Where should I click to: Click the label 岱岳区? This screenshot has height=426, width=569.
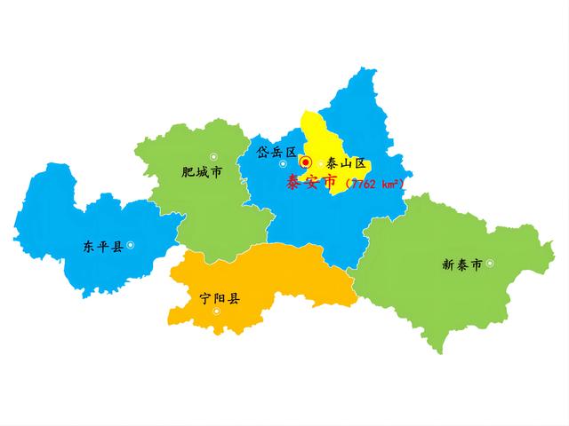point(276,152)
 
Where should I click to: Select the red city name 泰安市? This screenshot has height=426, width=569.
point(311,183)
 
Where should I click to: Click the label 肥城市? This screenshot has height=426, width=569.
point(201,172)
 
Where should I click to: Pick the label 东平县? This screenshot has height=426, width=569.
point(102,246)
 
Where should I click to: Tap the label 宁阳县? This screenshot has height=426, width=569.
point(220,298)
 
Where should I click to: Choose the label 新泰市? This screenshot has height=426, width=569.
point(461,264)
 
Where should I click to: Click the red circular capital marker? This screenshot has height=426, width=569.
point(305,162)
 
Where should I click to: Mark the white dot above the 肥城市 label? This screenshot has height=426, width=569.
point(213,156)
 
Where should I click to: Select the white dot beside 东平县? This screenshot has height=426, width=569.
point(131,245)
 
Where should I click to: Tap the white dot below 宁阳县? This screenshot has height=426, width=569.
point(216,311)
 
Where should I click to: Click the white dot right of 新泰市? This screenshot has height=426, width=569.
point(489,263)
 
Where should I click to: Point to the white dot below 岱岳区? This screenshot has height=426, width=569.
point(283,163)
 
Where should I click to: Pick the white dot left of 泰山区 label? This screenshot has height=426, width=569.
point(321,163)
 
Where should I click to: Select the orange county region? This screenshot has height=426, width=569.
point(267,280)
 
